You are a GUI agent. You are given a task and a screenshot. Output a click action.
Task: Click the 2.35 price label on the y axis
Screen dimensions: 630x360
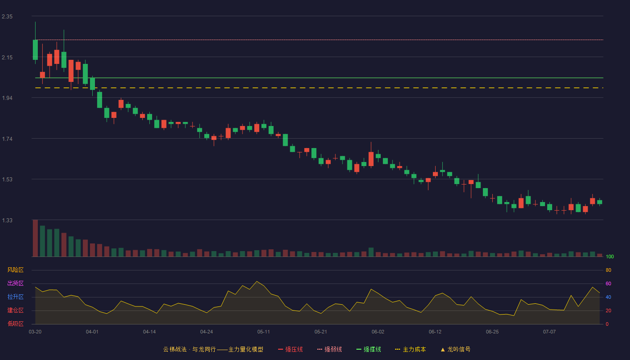7,17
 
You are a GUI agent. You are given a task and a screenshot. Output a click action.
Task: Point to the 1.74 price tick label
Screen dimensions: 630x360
7,139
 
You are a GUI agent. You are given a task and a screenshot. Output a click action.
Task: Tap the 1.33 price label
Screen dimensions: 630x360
7,220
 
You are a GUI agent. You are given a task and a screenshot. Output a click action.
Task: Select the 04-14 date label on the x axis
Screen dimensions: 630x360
149,332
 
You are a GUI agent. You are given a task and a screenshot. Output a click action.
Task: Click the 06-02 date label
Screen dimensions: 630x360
378,332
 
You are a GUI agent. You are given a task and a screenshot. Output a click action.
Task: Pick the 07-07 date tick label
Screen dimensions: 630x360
549,332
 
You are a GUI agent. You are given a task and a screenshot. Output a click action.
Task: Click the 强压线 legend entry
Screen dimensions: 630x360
290,349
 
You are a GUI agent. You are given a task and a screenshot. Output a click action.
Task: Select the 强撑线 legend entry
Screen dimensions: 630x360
369,349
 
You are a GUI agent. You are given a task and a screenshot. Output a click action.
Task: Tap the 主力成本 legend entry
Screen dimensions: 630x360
410,349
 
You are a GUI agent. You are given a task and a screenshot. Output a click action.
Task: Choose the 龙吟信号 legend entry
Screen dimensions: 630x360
455,349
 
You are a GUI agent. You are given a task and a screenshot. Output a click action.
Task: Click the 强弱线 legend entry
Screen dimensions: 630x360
329,349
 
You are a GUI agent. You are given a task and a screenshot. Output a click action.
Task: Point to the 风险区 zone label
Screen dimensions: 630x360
15,270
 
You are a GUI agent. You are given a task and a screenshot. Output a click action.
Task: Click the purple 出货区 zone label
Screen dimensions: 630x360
15,283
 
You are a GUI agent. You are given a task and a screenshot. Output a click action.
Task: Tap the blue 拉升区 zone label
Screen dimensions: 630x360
15,297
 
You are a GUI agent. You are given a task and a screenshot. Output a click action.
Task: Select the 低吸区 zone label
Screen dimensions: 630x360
15,324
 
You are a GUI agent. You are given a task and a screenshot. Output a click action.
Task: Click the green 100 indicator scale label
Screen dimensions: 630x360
610,256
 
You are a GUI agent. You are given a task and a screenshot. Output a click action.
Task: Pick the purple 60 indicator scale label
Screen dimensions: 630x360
608,283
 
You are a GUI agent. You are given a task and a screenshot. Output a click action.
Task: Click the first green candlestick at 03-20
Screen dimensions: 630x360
35,50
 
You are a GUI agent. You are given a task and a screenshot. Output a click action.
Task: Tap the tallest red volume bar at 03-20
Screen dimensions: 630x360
35,238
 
